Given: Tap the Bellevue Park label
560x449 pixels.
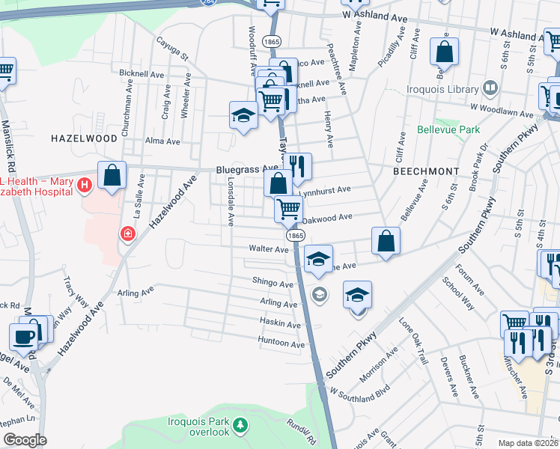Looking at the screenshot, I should click(459, 129).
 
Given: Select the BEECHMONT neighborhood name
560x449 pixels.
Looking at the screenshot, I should click(425, 171).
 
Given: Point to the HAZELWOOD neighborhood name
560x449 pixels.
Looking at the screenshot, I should click(84, 138).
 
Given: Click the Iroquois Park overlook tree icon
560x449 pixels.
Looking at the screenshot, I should click(240, 426).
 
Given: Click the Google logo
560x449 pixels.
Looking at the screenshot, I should click(25, 439).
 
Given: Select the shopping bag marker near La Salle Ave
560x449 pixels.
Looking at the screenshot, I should click(112, 176).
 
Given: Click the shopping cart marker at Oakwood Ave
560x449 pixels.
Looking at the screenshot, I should click(288, 208).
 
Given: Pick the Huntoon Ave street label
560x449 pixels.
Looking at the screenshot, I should click(281, 344).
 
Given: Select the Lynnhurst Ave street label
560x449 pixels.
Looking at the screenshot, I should click(329, 191).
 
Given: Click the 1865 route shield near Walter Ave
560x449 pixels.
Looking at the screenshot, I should click(296, 235).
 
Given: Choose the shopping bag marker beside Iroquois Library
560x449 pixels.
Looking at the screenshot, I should click(444, 52).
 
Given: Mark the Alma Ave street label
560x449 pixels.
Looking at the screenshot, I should click(162, 141).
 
